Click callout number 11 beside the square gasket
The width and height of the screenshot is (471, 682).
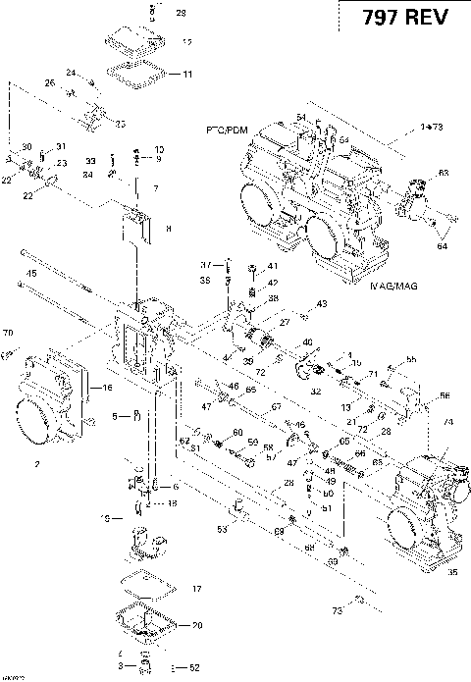(x=187, y=74)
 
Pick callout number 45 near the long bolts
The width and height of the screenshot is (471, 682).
(x=31, y=272)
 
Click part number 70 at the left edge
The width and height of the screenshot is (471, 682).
(x=8, y=331)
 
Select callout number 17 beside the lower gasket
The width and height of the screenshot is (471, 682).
(x=196, y=589)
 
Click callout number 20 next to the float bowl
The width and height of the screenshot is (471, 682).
(x=196, y=625)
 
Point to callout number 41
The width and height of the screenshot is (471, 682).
(x=272, y=266)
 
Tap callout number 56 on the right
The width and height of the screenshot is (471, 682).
(x=445, y=395)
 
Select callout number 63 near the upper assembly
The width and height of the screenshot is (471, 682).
(x=443, y=173)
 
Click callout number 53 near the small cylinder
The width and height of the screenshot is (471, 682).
(x=222, y=530)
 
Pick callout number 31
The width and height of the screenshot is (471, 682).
(x=60, y=146)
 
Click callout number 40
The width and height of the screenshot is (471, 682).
(x=308, y=341)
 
